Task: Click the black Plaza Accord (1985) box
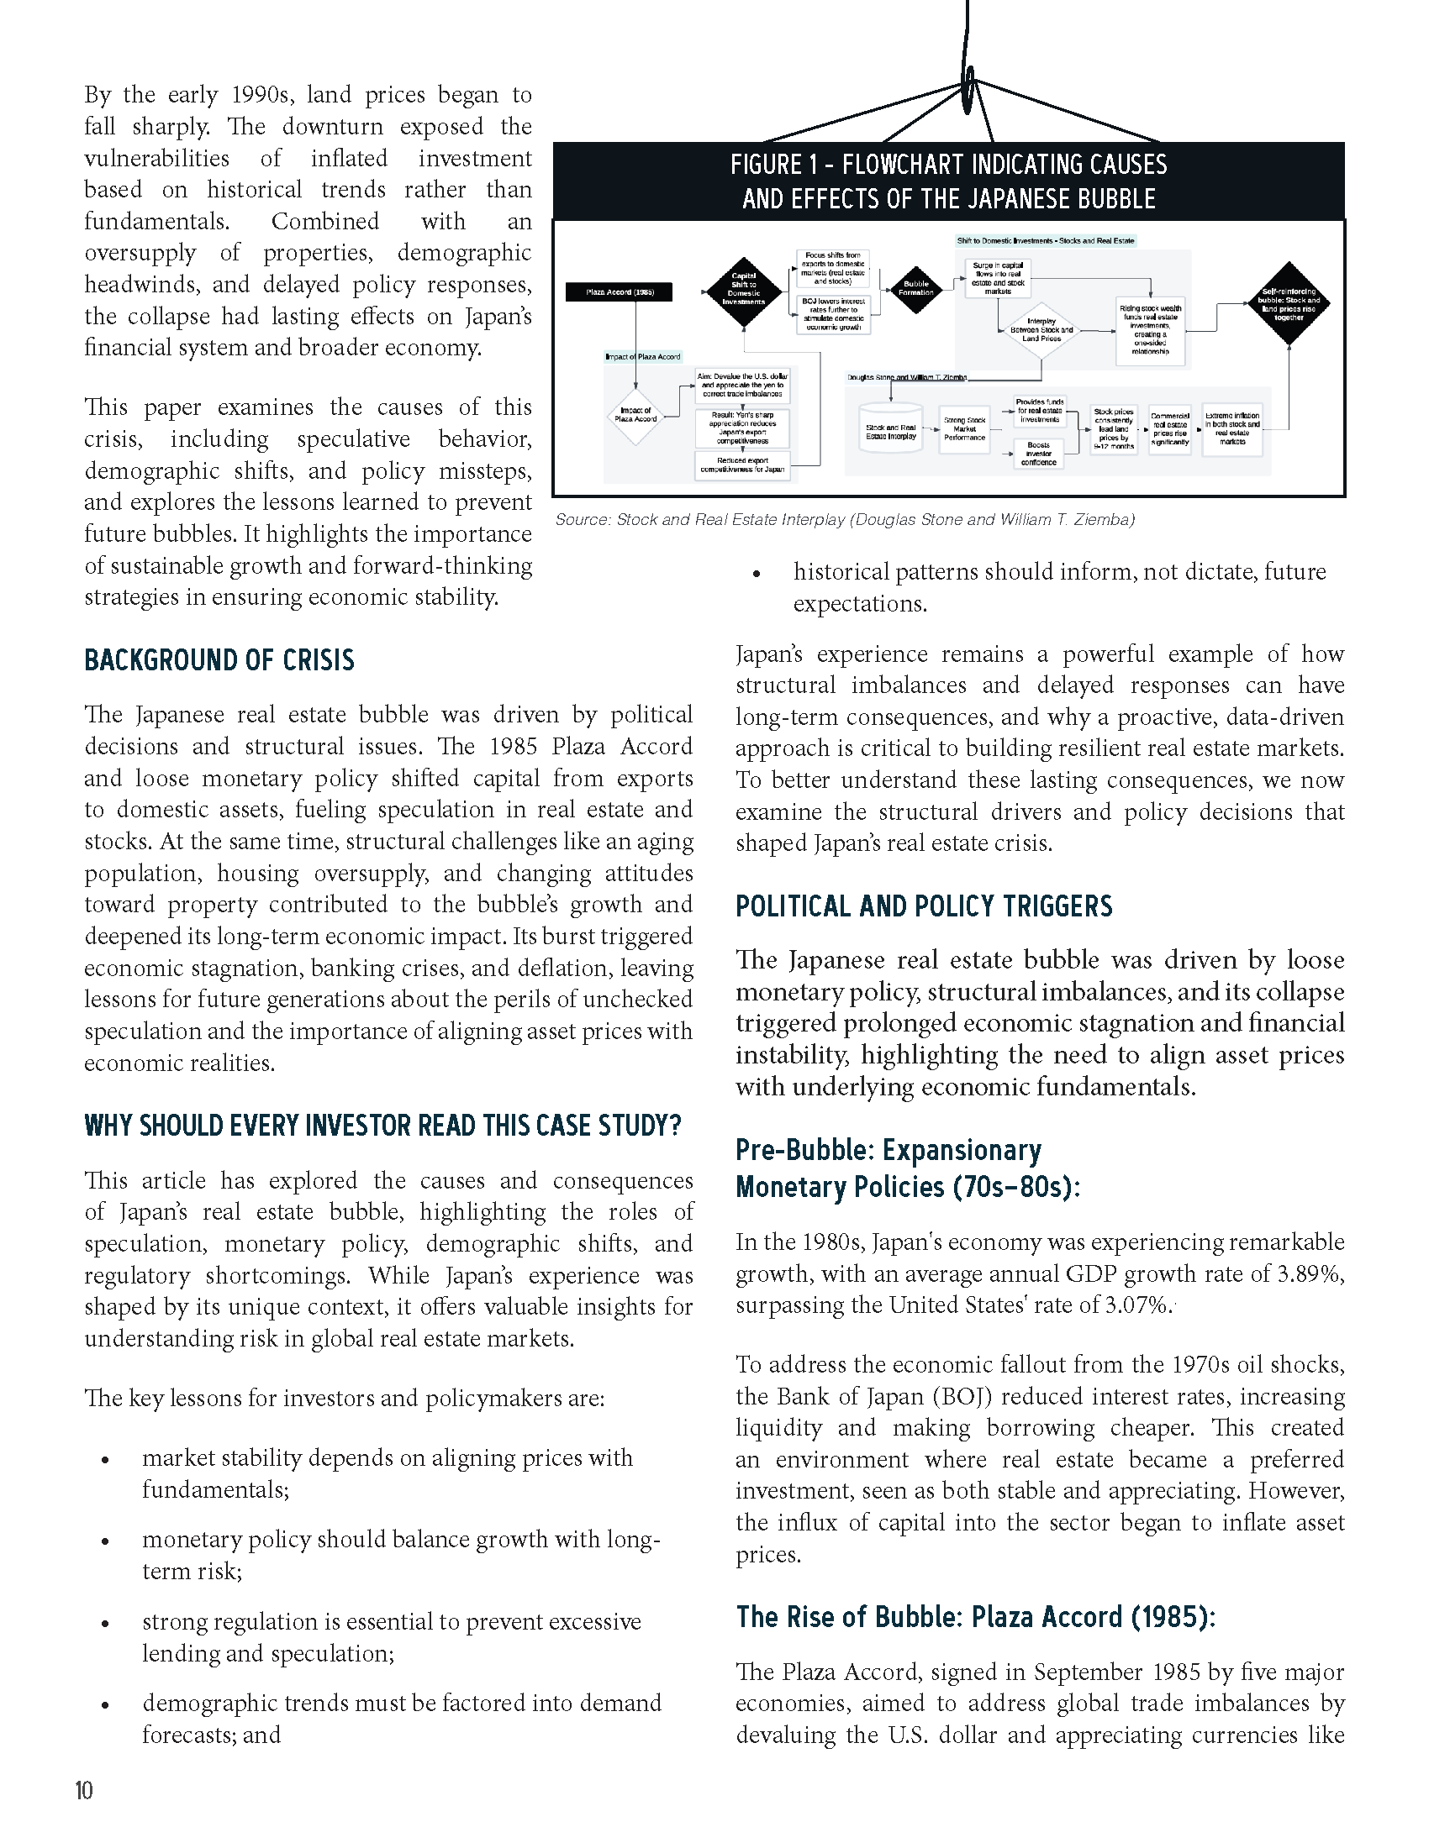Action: [x=620, y=292]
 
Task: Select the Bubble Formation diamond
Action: [x=915, y=288]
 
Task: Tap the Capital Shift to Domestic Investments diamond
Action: [x=743, y=292]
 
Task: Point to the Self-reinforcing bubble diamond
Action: [x=1289, y=303]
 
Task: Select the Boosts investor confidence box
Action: [x=1039, y=454]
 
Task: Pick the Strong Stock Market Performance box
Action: [x=964, y=429]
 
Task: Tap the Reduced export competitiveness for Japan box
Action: [x=742, y=465]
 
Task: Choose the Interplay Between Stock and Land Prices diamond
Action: [x=1041, y=330]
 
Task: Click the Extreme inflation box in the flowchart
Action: [x=1231, y=429]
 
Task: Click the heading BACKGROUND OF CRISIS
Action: [x=219, y=660]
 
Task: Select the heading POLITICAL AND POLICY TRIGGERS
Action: [x=923, y=906]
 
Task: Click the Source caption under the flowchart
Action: [x=844, y=519]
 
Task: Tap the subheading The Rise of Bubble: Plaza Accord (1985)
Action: [x=975, y=1617]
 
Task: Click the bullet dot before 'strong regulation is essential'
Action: [x=105, y=1625]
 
